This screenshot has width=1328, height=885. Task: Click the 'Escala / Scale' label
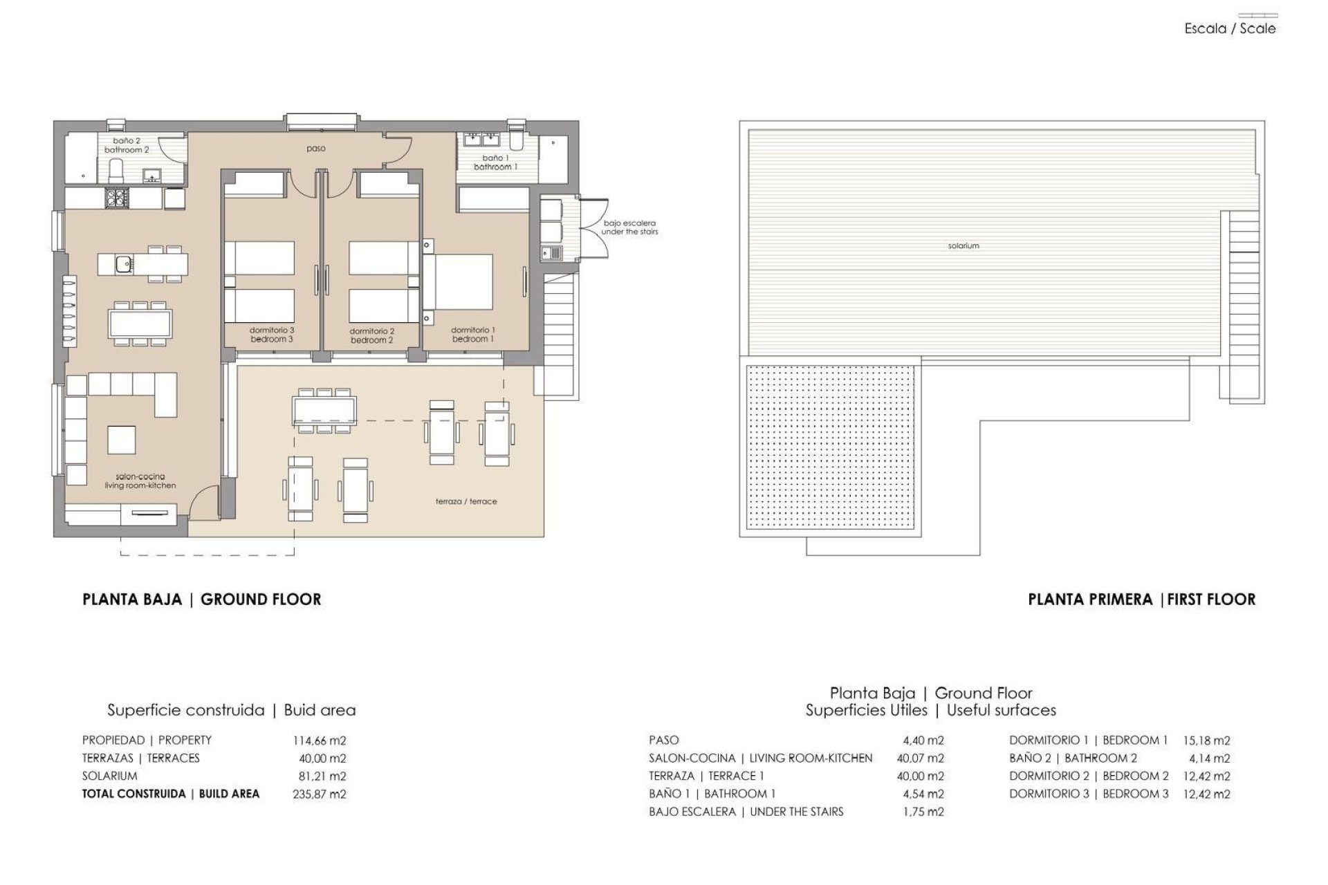coord(1230,29)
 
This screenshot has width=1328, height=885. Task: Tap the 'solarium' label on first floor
coord(963,245)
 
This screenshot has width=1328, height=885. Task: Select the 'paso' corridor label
coord(316,149)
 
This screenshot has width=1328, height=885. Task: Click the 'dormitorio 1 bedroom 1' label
coord(473,335)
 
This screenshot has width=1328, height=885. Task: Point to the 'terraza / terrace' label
coord(466,501)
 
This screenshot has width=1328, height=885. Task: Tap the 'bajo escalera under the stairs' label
coord(629,227)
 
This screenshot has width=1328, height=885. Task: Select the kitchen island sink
coord(124,263)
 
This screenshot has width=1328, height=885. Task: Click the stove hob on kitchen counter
coord(115,198)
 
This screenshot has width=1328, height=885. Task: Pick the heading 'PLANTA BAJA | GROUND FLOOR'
coord(202,599)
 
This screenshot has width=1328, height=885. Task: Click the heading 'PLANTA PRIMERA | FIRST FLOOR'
coord(1141,599)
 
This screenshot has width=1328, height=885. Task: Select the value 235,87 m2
coord(320,794)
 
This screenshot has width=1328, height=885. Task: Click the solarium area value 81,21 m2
coord(322,776)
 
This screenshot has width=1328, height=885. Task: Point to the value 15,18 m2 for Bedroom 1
coord(1207,740)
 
